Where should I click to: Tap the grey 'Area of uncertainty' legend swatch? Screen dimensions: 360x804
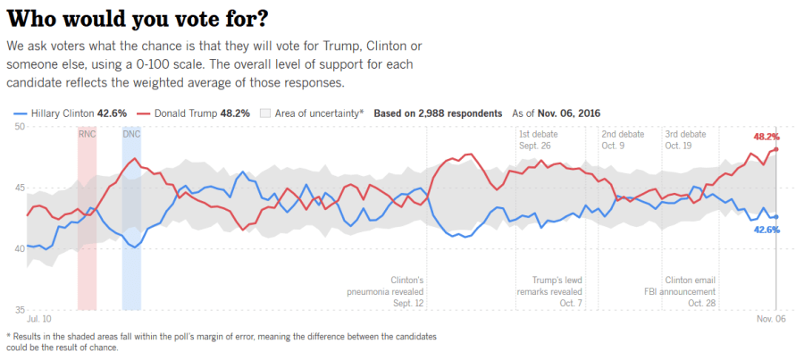point(265,114)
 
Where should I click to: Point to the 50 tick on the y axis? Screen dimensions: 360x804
point(18,127)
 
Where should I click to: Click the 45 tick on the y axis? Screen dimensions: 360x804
point(18,188)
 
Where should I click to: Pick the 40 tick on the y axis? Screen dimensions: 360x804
point(18,248)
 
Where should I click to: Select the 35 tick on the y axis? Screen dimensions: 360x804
point(18,309)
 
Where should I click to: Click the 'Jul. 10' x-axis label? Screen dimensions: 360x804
point(40,318)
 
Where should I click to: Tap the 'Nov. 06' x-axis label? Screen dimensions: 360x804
point(770,318)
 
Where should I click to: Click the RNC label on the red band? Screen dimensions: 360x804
point(87,134)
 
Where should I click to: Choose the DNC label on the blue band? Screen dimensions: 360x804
point(132,134)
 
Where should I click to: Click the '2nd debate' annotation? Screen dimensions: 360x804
point(623,134)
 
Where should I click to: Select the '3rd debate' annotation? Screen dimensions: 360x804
point(685,134)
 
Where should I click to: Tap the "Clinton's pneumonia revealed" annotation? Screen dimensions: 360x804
point(386,291)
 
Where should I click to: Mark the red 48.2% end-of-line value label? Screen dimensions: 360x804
point(766,137)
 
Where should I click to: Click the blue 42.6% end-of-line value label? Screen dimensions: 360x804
point(766,230)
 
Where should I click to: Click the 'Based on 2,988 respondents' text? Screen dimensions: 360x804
point(438,114)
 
